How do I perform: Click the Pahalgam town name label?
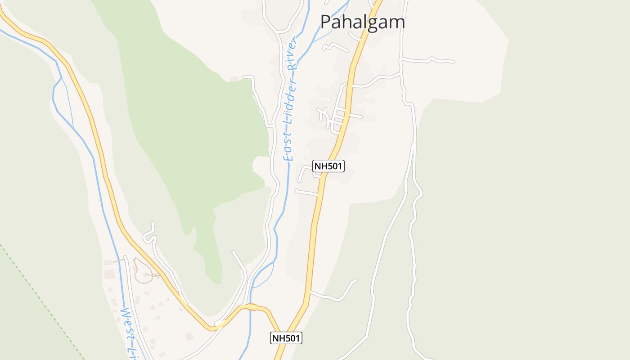click(362, 22)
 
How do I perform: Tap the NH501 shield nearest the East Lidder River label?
click(328, 166)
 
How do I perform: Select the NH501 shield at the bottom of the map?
click(286, 338)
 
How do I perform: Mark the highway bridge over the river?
click(252, 307)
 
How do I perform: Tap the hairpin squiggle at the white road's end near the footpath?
click(149, 234)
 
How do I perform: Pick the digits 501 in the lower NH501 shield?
click(291, 338)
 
